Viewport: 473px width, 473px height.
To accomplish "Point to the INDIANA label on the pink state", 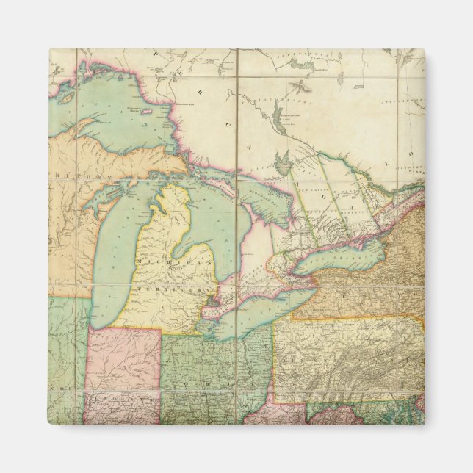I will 110,400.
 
